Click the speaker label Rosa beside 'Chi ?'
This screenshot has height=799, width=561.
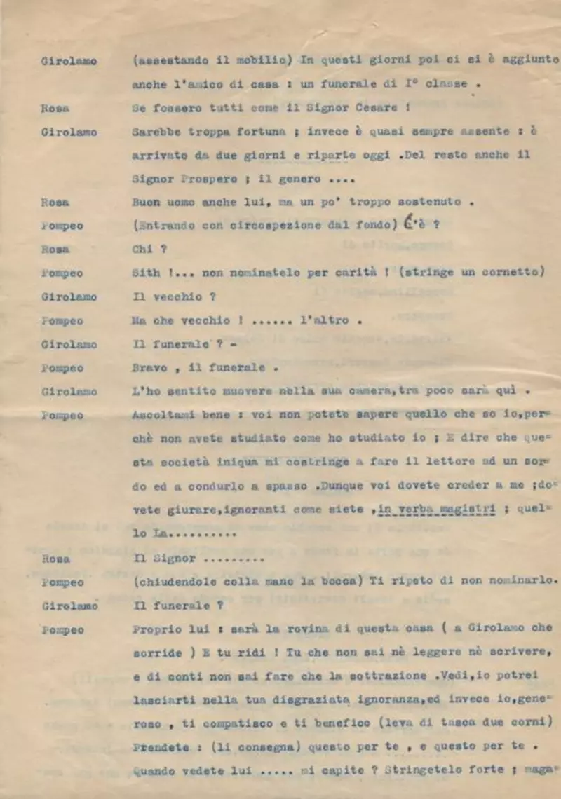tap(55, 249)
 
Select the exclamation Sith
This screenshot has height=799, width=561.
tap(145, 273)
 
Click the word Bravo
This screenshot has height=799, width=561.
tap(149, 367)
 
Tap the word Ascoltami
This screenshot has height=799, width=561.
tap(160, 415)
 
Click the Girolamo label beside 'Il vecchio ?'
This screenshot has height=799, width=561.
tap(69, 296)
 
